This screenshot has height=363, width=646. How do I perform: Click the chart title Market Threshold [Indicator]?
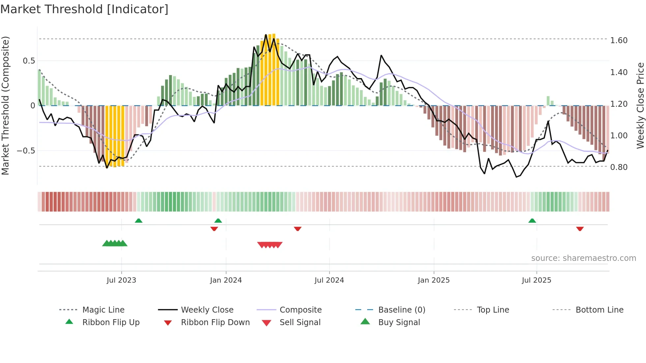tap(84, 9)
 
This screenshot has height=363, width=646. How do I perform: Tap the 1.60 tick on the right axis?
tap(619, 41)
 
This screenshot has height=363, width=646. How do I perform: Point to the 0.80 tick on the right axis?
tap(619, 167)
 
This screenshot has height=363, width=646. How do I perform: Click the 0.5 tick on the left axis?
tap(29, 61)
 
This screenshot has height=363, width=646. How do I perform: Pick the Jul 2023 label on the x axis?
tap(121, 280)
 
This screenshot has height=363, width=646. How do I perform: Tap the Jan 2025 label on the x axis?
tap(433, 280)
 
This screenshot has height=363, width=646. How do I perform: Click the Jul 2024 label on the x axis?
tap(329, 280)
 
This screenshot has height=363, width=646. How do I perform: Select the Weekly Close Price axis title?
tap(640, 105)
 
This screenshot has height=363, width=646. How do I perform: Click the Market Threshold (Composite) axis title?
tap(5, 105)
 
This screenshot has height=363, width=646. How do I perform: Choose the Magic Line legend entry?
tap(103, 310)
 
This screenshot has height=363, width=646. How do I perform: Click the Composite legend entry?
tap(300, 310)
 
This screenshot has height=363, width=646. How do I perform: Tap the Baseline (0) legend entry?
tap(401, 310)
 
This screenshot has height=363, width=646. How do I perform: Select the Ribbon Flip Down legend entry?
tap(215, 322)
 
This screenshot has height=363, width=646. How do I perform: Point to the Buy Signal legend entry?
tap(399, 322)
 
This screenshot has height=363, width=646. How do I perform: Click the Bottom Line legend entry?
tap(599, 310)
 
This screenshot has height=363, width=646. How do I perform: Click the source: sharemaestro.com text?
tap(583, 258)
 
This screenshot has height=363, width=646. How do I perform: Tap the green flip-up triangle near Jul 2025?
tap(532, 221)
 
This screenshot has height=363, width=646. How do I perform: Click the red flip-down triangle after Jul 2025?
tap(580, 229)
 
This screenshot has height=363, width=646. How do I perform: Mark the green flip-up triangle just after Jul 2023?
tap(138, 221)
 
